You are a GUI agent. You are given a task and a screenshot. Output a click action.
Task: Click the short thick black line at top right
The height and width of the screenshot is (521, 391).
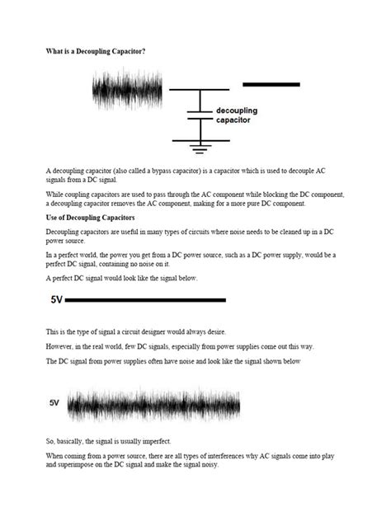click(x=271, y=84)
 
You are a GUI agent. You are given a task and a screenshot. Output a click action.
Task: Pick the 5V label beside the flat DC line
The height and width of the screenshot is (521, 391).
click(x=57, y=301)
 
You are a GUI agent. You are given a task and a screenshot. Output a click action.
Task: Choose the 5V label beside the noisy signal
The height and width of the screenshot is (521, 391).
click(x=54, y=403)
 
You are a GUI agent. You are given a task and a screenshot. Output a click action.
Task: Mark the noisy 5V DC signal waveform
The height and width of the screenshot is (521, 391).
click(x=153, y=404)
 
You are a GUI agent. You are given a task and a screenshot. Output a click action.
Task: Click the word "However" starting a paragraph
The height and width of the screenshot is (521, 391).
click(x=61, y=346)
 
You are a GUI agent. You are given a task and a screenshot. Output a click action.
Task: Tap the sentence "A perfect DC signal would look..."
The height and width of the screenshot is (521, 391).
click(x=122, y=279)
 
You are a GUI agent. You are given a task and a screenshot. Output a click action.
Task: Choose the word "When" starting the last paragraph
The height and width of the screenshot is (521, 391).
click(x=55, y=457)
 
